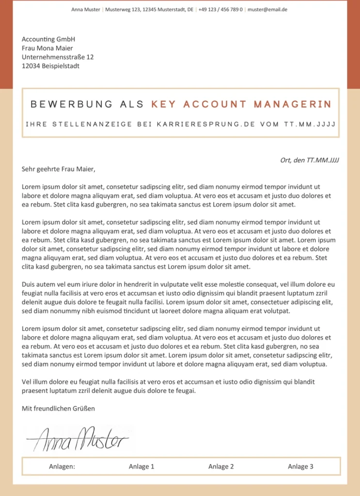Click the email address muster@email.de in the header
click(x=267, y=10)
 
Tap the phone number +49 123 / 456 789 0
click(x=220, y=10)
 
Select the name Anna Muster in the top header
click(x=86, y=10)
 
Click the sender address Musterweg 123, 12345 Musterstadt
click(x=149, y=10)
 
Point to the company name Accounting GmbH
click(x=48, y=39)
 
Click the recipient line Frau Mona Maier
click(x=47, y=48)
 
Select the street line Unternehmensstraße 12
click(x=58, y=57)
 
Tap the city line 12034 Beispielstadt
click(x=50, y=66)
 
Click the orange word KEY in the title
click(x=165, y=104)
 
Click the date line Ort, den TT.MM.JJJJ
click(x=310, y=160)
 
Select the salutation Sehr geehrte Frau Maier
click(x=59, y=169)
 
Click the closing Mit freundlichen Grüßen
click(x=58, y=408)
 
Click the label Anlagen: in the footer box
click(x=62, y=466)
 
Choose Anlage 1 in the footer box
click(x=141, y=466)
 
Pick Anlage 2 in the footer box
click(x=221, y=466)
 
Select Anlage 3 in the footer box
click(x=300, y=466)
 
